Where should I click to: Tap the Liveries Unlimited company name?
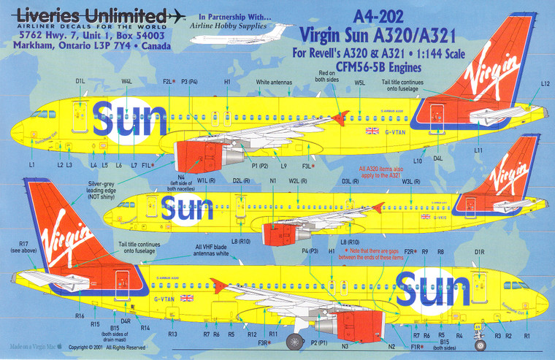(x=91, y=15)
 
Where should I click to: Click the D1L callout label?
(x=80, y=83)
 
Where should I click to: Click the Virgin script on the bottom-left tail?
(x=69, y=237)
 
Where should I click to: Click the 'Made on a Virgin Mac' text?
(x=34, y=348)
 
